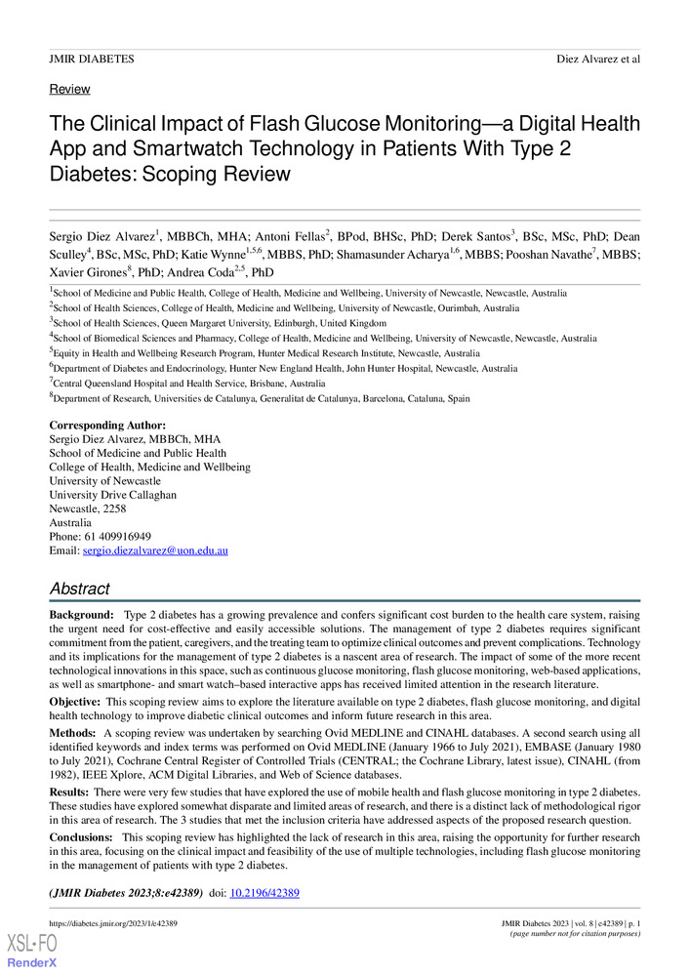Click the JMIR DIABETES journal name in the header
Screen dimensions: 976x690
pyautogui.click(x=92, y=60)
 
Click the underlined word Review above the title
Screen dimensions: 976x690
pyautogui.click(x=69, y=89)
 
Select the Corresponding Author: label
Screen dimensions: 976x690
pyautogui.click(x=107, y=426)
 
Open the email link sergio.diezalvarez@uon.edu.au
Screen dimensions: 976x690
pyautogui.click(x=155, y=550)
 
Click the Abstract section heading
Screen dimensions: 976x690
pyautogui.click(x=79, y=590)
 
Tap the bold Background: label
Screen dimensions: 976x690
pyautogui.click(x=82, y=617)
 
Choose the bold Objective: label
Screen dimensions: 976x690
pyautogui.click(x=74, y=701)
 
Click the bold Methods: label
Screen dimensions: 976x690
pyautogui.click(x=72, y=732)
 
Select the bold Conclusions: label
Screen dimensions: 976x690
pyautogui.click(x=81, y=837)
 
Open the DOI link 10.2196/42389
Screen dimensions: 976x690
pyautogui.click(x=264, y=893)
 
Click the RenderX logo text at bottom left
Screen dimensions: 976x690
pyautogui.click(x=33, y=962)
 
